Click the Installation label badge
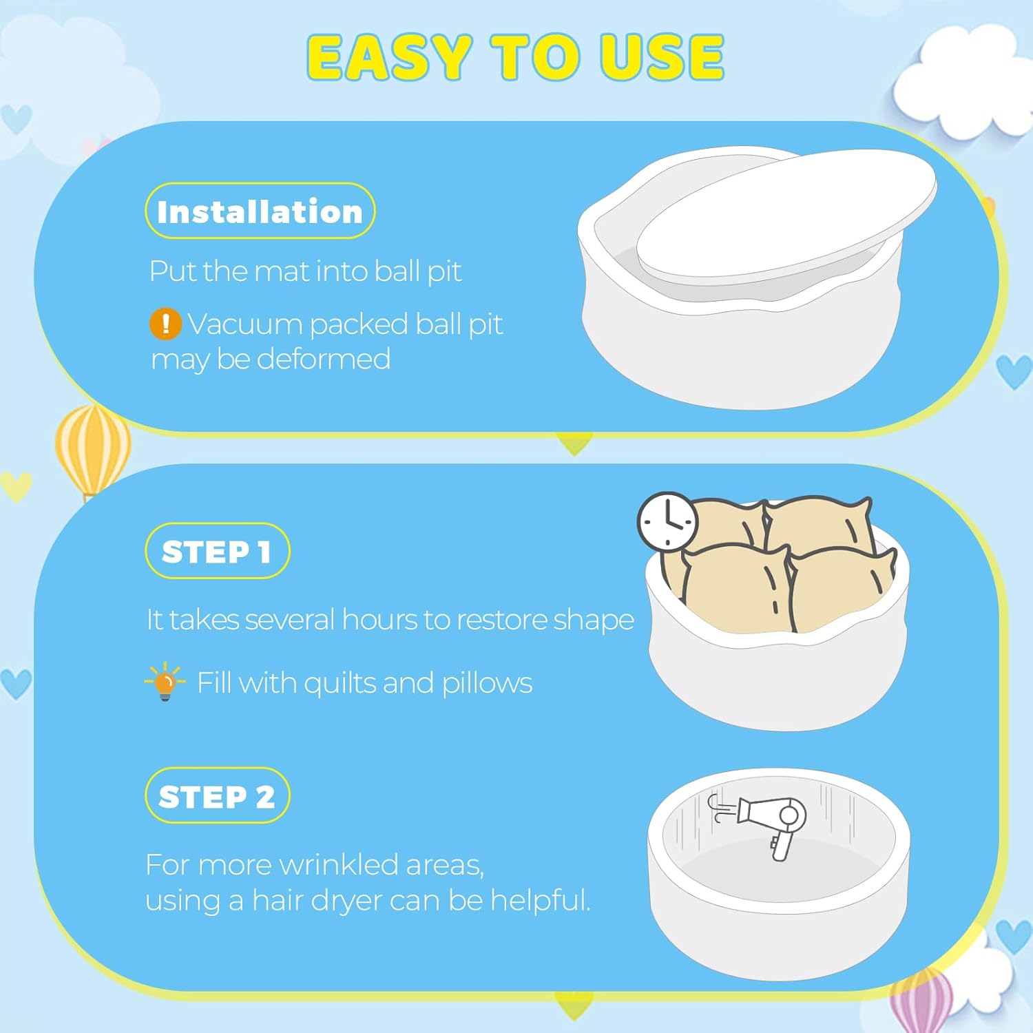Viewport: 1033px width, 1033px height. (260, 211)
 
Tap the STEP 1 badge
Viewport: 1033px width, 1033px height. (217, 551)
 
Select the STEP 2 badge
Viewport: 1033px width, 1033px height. (217, 795)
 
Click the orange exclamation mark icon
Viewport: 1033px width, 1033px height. (165, 324)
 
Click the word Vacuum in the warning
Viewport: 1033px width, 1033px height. (244, 324)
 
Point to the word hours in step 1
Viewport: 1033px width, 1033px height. (379, 620)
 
